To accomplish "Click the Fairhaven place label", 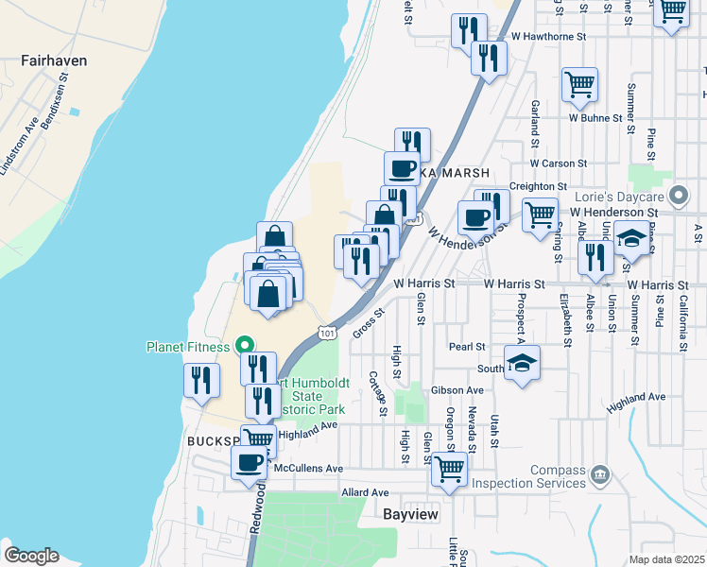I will point(54,60).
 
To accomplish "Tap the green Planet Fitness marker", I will point(242,347).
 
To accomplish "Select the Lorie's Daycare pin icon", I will point(678,198).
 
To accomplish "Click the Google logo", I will point(31,556).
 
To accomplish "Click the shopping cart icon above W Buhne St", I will point(579,85).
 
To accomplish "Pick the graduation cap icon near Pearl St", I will point(520,364).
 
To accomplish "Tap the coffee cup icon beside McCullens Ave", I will point(250,463).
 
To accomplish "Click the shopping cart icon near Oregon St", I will point(449,468).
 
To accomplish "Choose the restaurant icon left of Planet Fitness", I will point(202,380).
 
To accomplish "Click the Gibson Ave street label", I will point(457,390).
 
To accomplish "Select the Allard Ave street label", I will point(365,492).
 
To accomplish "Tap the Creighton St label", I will point(537,187).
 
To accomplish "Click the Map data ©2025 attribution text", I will point(666,559).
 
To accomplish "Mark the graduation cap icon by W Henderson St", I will point(631,238).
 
